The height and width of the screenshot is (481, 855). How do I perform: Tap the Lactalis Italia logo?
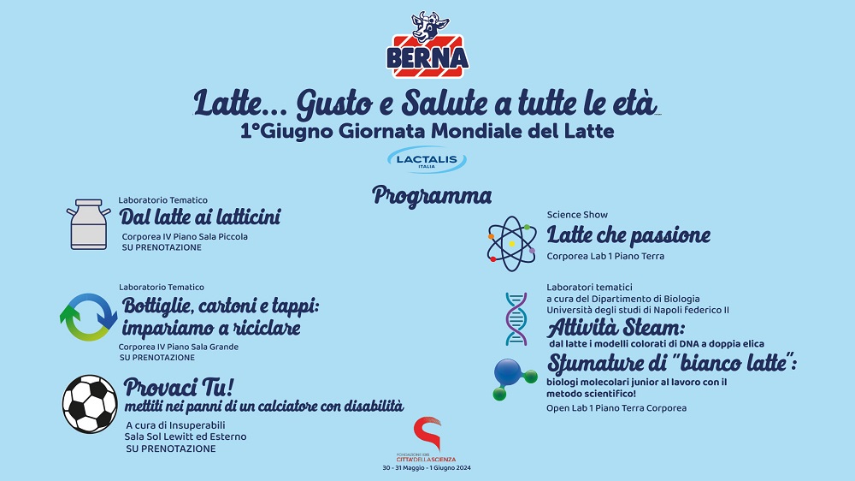pyautogui.click(x=427, y=160)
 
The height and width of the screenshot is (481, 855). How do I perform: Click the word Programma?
pyautogui.click(x=432, y=196)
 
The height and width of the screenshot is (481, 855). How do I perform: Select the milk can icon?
pyautogui.click(x=88, y=224)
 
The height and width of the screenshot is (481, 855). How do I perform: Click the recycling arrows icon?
pyautogui.click(x=88, y=318)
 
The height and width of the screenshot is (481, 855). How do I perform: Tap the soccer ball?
pyautogui.click(x=90, y=404)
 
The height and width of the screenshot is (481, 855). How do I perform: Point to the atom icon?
pyautogui.click(x=511, y=244)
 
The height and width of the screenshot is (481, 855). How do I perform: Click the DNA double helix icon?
pyautogui.click(x=516, y=319)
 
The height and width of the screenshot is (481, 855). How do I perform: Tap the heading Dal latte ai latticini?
pyautogui.click(x=200, y=217)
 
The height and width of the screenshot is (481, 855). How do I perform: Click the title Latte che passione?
pyautogui.click(x=628, y=236)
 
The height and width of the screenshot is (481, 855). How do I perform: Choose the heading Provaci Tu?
pyautogui.click(x=179, y=388)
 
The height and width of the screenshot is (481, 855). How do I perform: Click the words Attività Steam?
pyautogui.click(x=616, y=328)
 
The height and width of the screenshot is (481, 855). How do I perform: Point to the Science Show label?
pyautogui.click(x=577, y=215)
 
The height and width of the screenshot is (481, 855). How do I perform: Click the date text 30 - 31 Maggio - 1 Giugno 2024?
pyautogui.click(x=427, y=468)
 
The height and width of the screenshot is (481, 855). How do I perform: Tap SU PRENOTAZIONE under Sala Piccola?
pyautogui.click(x=162, y=247)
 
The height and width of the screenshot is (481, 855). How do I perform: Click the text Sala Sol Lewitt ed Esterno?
pyautogui.click(x=186, y=436)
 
